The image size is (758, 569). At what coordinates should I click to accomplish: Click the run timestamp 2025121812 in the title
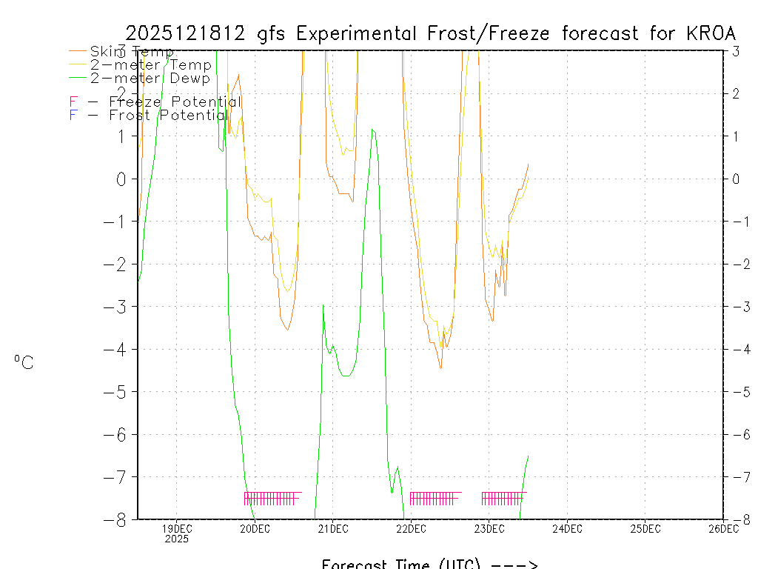(186, 33)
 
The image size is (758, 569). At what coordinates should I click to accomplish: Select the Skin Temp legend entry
(132, 52)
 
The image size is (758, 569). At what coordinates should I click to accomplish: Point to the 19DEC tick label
(176, 528)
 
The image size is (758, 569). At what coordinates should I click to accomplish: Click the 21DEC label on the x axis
(332, 528)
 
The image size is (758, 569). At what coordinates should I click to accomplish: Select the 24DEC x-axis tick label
(567, 528)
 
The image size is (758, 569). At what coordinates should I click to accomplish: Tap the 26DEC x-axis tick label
(723, 528)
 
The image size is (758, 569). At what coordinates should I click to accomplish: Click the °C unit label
(24, 362)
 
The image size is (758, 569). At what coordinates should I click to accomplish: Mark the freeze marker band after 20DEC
(272, 498)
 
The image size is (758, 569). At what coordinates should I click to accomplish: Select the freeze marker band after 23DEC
(504, 498)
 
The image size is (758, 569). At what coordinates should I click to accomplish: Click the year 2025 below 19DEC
(176, 539)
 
